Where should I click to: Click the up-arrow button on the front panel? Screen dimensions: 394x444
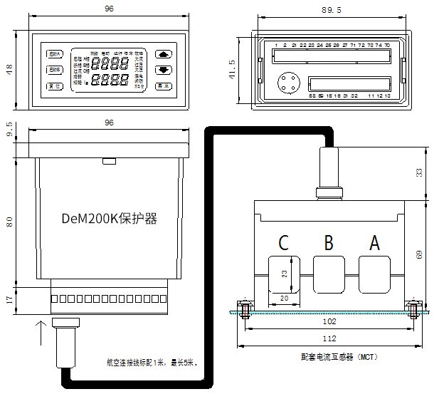164,53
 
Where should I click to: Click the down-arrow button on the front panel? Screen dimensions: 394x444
164,70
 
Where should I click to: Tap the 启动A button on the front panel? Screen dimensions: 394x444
55,53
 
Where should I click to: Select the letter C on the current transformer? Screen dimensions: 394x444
283,243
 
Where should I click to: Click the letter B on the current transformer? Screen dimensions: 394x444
329,243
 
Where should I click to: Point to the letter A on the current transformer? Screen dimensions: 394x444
374,243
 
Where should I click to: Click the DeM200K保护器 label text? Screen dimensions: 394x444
109,219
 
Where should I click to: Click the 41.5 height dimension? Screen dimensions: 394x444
232,70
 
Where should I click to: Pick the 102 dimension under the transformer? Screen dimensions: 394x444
328,321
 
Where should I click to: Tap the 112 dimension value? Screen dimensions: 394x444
328,338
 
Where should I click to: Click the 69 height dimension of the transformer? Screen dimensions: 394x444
419,254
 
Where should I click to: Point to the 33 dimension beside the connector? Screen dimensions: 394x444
419,172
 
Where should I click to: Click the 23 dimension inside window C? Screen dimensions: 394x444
285,274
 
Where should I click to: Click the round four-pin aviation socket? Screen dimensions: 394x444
288,83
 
